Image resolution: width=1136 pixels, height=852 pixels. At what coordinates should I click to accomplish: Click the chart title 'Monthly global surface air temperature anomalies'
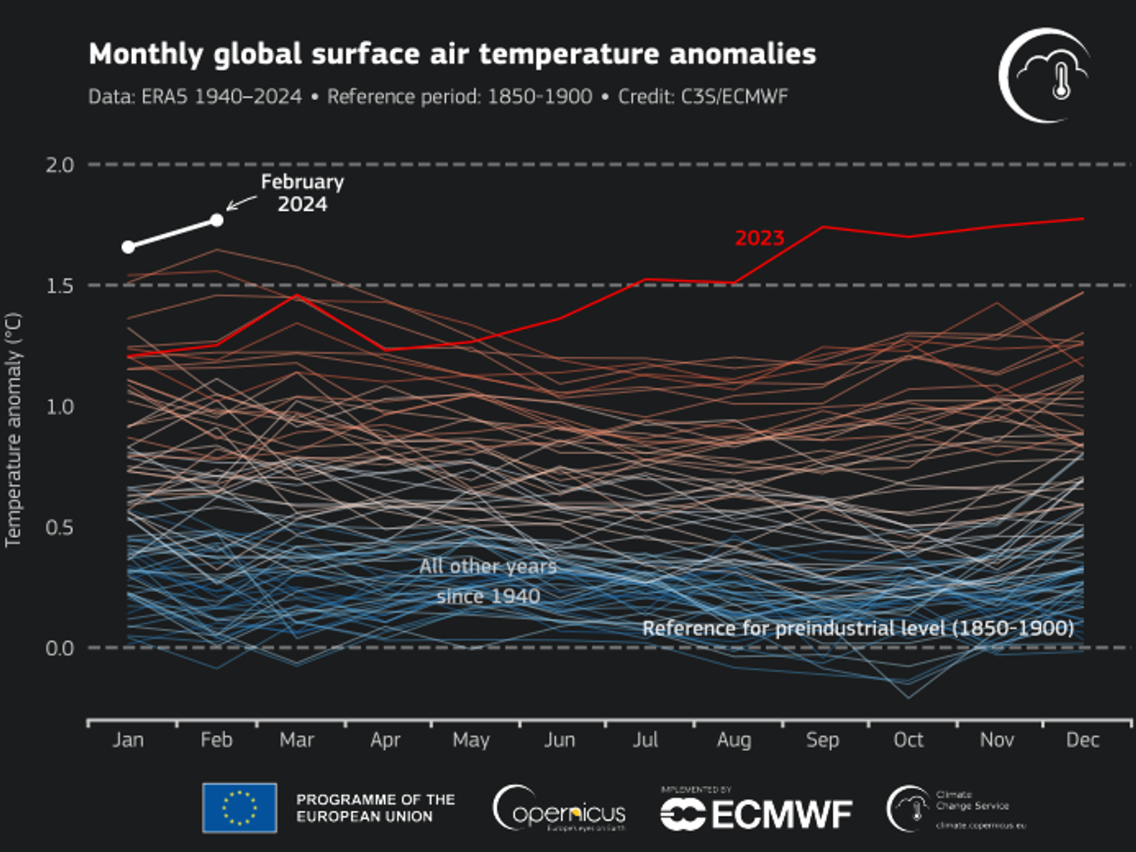click(x=452, y=55)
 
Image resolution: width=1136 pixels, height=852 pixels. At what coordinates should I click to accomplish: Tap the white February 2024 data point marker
click(x=217, y=220)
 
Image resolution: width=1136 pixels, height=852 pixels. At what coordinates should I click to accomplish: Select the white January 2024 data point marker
click(x=128, y=247)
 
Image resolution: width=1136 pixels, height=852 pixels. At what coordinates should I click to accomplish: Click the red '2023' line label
click(x=759, y=239)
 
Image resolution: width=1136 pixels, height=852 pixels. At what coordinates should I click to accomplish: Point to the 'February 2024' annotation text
click(x=302, y=193)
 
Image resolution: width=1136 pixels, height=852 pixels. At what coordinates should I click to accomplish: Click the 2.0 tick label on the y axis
click(x=60, y=165)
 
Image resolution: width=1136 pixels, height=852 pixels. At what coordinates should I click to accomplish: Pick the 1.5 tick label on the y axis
click(x=60, y=285)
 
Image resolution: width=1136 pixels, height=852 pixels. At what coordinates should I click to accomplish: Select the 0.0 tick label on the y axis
click(x=60, y=648)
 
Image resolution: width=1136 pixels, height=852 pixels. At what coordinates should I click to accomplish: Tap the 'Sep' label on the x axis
click(x=822, y=740)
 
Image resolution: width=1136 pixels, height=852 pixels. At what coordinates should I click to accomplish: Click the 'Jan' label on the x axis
click(x=128, y=740)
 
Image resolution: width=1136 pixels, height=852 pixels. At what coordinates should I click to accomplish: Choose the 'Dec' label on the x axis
click(x=1082, y=740)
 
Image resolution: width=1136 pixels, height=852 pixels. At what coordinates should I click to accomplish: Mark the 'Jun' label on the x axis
click(x=559, y=740)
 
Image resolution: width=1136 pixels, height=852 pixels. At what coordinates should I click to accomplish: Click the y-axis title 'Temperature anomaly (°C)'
click(x=13, y=430)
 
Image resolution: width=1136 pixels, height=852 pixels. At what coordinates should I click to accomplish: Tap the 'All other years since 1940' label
click(x=488, y=581)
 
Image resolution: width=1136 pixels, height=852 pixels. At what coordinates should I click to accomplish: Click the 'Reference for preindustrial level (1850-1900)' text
click(x=858, y=628)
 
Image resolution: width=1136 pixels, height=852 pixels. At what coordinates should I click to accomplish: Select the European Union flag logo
click(x=239, y=808)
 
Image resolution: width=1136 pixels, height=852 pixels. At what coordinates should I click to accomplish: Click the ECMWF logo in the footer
click(x=756, y=814)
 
